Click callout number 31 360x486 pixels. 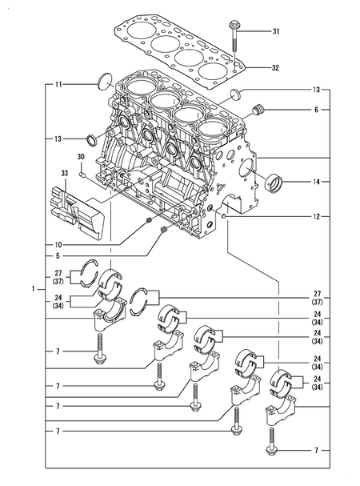[x=276, y=31]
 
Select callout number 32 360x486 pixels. [x=275, y=67]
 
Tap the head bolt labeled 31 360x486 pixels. [x=234, y=36]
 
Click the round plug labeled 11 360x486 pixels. [x=105, y=82]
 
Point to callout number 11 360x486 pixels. [x=58, y=84]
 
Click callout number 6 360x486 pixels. [x=316, y=110]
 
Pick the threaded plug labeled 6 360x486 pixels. [x=258, y=110]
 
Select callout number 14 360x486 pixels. [x=316, y=182]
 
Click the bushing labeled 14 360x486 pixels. [x=274, y=183]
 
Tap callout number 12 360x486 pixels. [x=316, y=217]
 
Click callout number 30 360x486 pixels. [x=81, y=157]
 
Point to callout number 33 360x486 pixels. [x=65, y=173]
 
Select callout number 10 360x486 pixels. [x=58, y=245]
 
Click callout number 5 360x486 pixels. [x=58, y=255]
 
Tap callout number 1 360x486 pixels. [x=33, y=289]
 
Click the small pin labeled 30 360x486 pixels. [x=82, y=175]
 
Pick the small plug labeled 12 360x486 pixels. [x=225, y=215]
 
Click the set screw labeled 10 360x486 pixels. [x=148, y=221]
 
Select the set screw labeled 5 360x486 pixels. [x=164, y=230]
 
